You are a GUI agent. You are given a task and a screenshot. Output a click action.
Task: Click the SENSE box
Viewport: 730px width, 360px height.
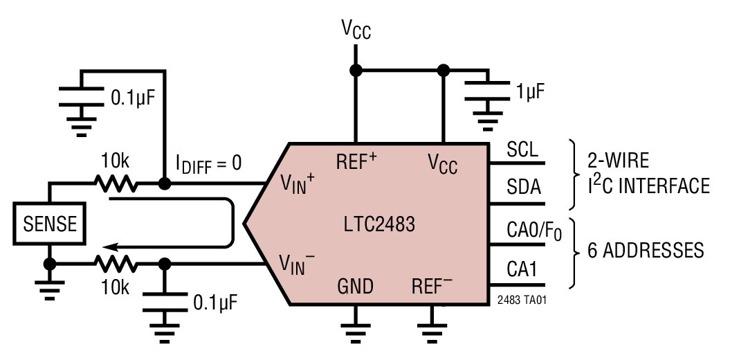click(x=50, y=224)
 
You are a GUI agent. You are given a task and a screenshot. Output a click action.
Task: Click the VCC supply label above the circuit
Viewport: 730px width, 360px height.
click(x=356, y=30)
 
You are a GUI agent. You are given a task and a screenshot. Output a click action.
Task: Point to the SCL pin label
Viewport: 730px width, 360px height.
click(x=522, y=150)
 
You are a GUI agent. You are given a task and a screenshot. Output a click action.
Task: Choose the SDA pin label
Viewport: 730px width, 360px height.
click(x=524, y=188)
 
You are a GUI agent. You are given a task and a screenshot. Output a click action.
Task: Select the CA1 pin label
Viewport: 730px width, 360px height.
click(x=522, y=269)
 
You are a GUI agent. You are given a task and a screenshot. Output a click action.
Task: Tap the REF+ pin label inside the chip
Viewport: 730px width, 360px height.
click(x=356, y=161)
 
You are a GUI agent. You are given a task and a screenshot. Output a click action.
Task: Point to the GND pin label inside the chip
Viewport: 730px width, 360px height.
click(x=356, y=286)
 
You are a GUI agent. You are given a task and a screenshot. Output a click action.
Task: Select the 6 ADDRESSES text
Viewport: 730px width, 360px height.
click(x=646, y=250)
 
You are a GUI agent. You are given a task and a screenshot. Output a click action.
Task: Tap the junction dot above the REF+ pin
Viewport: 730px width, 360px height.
click(x=356, y=71)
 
